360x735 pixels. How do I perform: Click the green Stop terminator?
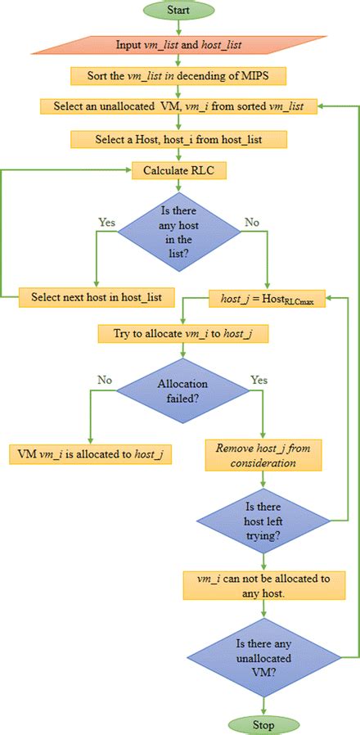263,724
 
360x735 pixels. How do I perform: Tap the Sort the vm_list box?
178,75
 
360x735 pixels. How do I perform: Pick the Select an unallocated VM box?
178,106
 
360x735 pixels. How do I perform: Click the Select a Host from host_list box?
178,140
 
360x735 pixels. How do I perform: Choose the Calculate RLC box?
178,170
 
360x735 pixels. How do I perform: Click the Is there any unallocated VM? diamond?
263,655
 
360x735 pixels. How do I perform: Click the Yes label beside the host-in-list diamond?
107,221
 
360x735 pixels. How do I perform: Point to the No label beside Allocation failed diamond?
104,380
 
